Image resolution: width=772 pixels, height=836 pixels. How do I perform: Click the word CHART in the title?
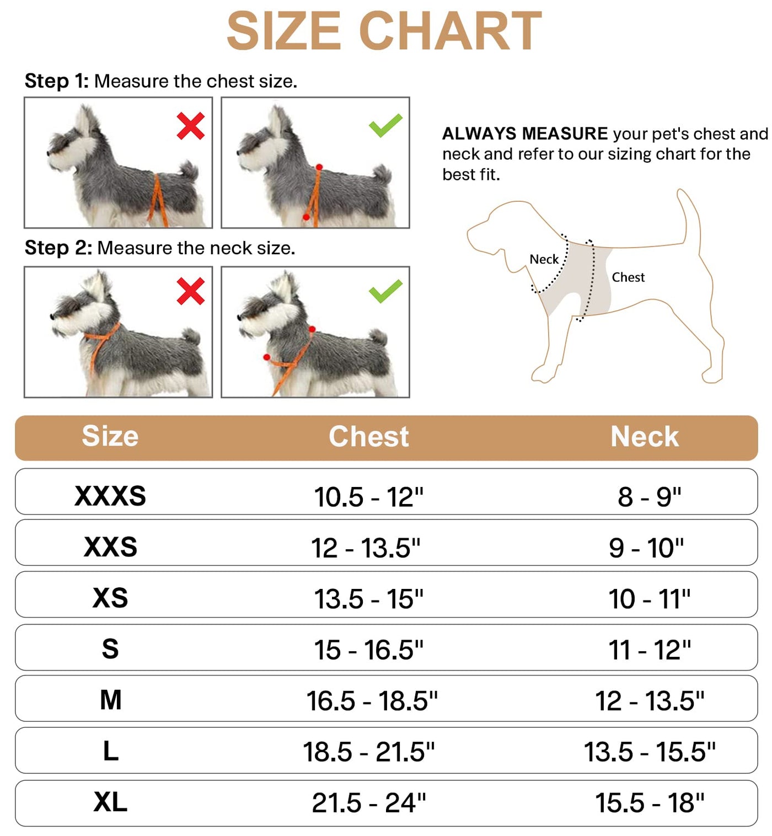tap(449, 31)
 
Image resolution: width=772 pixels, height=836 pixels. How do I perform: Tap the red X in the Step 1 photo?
tap(191, 126)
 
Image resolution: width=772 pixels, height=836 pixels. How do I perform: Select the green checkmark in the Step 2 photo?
tap(385, 291)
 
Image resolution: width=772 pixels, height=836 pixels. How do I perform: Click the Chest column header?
tap(369, 436)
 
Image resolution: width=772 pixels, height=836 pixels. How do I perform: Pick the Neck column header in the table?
tap(645, 436)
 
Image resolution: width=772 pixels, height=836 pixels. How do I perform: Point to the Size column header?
tap(110, 436)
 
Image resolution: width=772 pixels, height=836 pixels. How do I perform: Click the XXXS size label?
tap(110, 496)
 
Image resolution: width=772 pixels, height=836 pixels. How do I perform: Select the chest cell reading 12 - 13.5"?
tap(366, 548)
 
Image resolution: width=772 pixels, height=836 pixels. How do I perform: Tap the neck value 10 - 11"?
tap(650, 599)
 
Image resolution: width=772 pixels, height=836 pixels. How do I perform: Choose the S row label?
tap(110, 649)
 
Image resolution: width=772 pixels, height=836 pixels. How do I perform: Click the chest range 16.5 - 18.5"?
tap(372, 701)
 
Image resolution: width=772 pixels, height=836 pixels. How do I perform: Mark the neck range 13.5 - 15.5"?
tap(650, 752)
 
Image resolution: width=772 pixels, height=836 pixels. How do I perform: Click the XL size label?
tap(110, 802)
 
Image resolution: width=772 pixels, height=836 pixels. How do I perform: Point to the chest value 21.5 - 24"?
tap(369, 803)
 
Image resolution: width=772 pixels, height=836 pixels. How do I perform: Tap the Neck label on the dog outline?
tap(544, 259)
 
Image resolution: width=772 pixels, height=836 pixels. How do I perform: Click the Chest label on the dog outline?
tap(628, 277)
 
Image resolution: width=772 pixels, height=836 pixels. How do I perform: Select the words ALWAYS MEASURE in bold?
tap(525, 134)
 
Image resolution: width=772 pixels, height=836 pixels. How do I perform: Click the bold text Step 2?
tap(58, 248)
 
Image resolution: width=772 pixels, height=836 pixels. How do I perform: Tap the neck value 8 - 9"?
tap(650, 497)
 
